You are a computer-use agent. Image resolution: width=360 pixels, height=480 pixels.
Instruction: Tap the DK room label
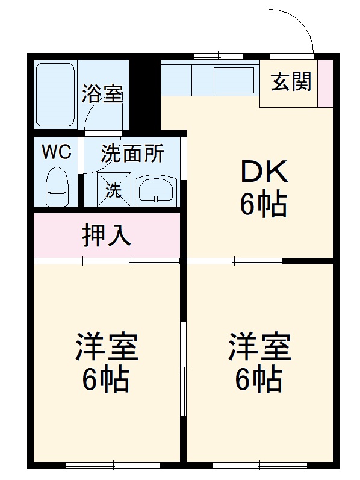tap(263, 174)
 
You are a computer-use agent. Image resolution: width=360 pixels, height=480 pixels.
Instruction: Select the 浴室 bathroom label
tap(102, 95)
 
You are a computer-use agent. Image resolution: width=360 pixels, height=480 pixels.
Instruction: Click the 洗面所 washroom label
tap(132, 154)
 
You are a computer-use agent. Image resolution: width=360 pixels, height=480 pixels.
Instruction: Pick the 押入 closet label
tap(107, 235)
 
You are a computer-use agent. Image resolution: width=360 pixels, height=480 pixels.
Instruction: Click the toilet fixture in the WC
tap(58, 186)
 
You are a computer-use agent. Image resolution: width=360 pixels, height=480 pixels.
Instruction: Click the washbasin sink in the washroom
tap(155, 190)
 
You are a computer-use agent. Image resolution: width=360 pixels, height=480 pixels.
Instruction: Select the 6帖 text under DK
tap(263, 206)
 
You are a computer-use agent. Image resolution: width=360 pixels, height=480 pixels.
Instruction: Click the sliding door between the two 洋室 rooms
tap(183, 367)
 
